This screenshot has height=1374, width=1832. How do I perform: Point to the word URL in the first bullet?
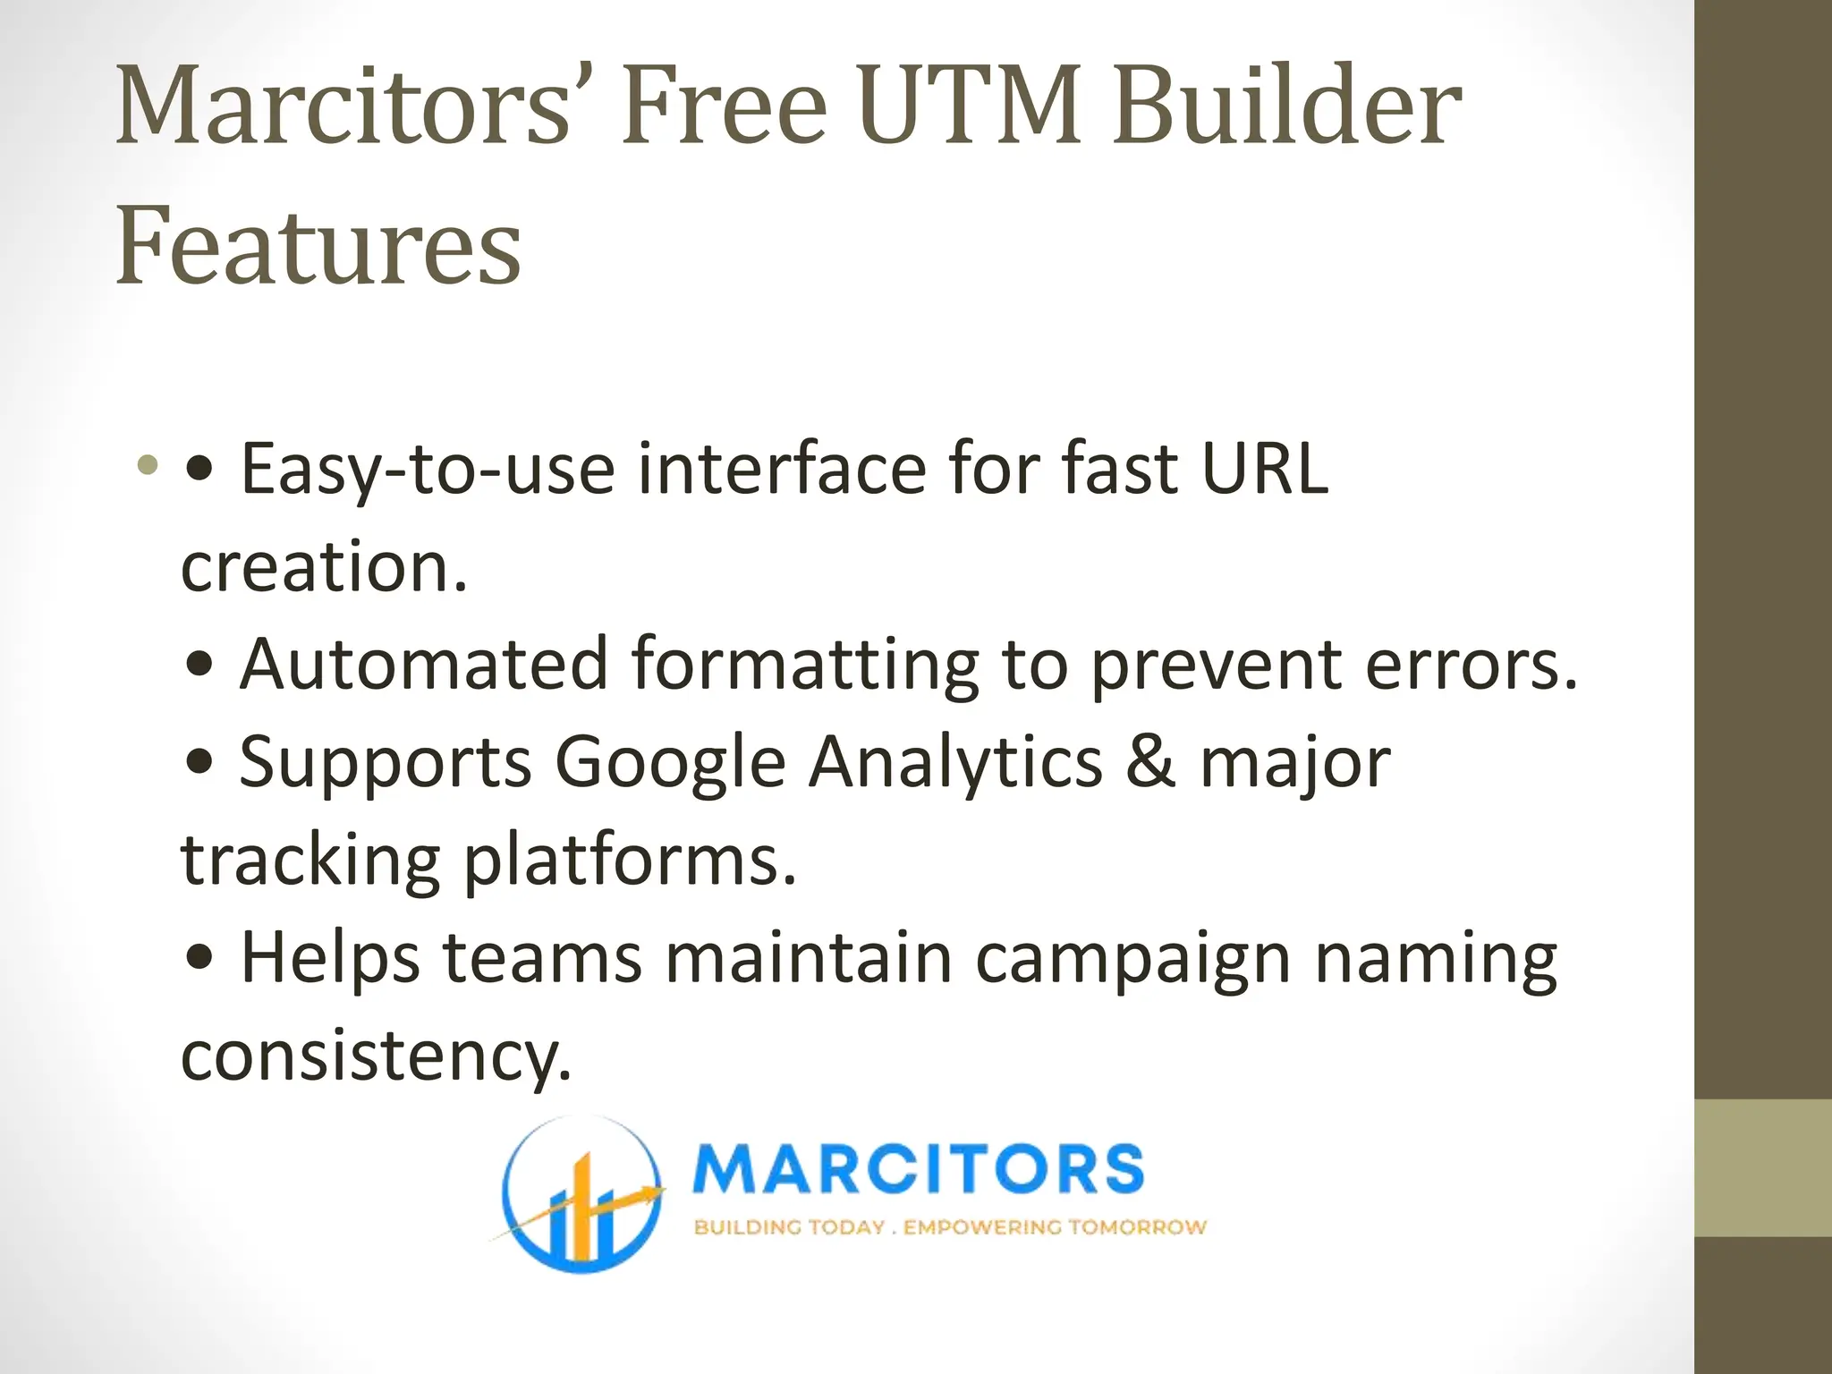(1264, 469)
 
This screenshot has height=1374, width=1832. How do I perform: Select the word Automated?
(424, 664)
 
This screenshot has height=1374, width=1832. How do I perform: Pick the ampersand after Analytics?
(1150, 762)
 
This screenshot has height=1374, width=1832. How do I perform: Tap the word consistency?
(376, 1056)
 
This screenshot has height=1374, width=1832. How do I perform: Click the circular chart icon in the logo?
(581, 1194)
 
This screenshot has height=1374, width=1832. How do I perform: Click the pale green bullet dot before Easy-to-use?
(148, 465)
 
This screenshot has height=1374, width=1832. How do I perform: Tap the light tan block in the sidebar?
(1762, 1167)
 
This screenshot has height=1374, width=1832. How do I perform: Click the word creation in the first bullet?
(324, 567)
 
